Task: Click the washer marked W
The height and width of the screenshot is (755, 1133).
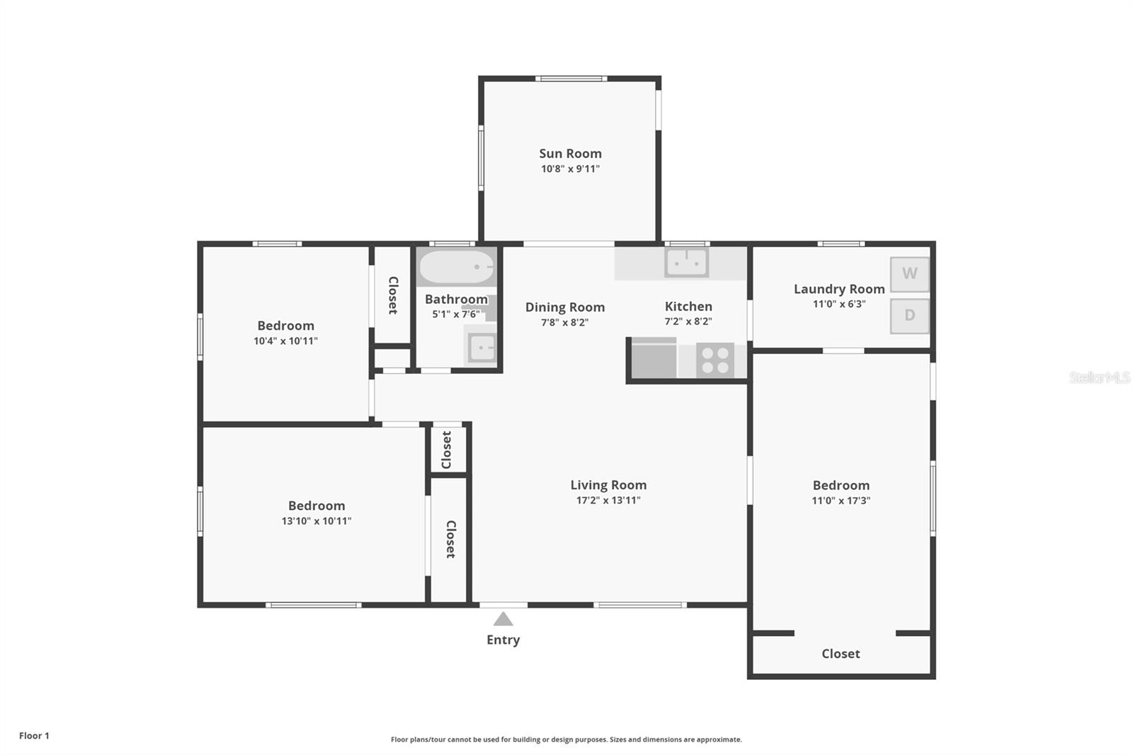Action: [909, 274]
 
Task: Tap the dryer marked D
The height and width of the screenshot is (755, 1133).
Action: [909, 316]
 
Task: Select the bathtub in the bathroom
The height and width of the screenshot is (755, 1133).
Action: [456, 267]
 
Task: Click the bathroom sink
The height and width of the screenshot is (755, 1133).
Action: [482, 348]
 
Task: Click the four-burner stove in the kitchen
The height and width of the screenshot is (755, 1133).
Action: [714, 361]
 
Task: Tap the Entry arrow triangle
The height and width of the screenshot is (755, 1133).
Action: [503, 619]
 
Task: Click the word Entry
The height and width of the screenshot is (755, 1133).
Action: [503, 640]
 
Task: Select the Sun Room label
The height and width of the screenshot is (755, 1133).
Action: [570, 153]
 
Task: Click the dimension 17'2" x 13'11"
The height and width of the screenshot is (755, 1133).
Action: [608, 501]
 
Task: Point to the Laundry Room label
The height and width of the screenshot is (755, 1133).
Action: [839, 289]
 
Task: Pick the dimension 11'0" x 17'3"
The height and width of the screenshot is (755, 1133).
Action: [841, 501]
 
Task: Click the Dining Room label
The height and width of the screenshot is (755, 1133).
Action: [565, 307]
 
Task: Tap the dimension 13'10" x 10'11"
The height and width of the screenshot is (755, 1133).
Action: [317, 521]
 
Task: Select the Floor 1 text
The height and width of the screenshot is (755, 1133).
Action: [35, 736]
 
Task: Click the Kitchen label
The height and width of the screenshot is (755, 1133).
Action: [688, 306]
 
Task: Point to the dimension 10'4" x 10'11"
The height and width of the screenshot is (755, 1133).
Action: [286, 341]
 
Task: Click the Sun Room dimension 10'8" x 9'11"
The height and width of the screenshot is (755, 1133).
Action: [570, 169]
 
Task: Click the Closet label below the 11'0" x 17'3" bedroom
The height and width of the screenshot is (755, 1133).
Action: [841, 654]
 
